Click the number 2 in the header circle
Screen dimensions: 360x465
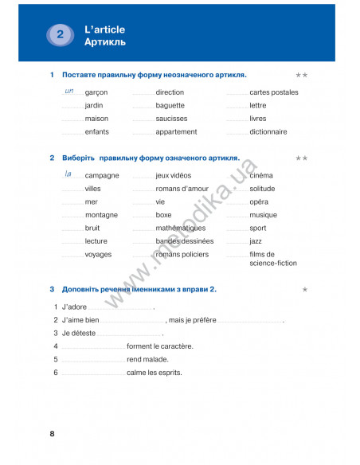click(x=61, y=35)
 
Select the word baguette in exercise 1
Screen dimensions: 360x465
click(x=170, y=105)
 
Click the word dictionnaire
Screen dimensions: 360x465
click(x=268, y=132)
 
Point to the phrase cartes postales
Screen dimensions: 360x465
click(x=274, y=92)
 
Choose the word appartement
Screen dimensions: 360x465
click(x=177, y=132)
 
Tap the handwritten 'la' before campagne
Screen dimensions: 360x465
click(x=68, y=173)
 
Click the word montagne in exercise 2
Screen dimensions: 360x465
click(x=101, y=215)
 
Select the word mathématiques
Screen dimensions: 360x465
click(x=181, y=229)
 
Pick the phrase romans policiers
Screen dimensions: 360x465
click(x=182, y=255)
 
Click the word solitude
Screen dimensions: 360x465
click(x=262, y=189)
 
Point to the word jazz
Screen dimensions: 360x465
click(x=256, y=241)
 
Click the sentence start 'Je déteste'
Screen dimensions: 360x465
click(x=78, y=333)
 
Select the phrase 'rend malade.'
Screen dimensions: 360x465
click(x=147, y=359)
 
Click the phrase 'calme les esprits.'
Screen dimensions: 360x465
click(x=155, y=372)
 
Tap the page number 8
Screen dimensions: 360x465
click(x=53, y=434)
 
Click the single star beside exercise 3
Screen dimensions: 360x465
click(x=305, y=290)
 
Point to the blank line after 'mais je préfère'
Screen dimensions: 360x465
click(x=249, y=321)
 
